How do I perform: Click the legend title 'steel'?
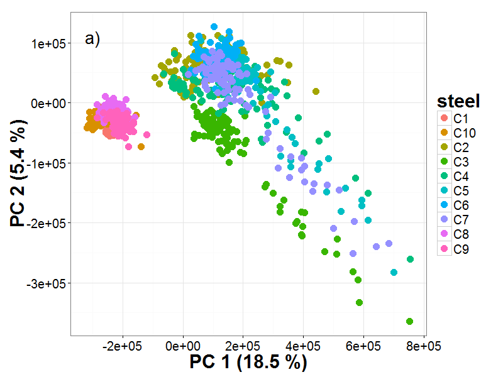pos(459,101)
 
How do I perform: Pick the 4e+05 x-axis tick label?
pos(303,346)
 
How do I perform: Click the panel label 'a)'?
pos(92,39)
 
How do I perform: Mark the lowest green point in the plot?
pos(409,322)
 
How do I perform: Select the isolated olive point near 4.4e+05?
pos(316,91)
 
